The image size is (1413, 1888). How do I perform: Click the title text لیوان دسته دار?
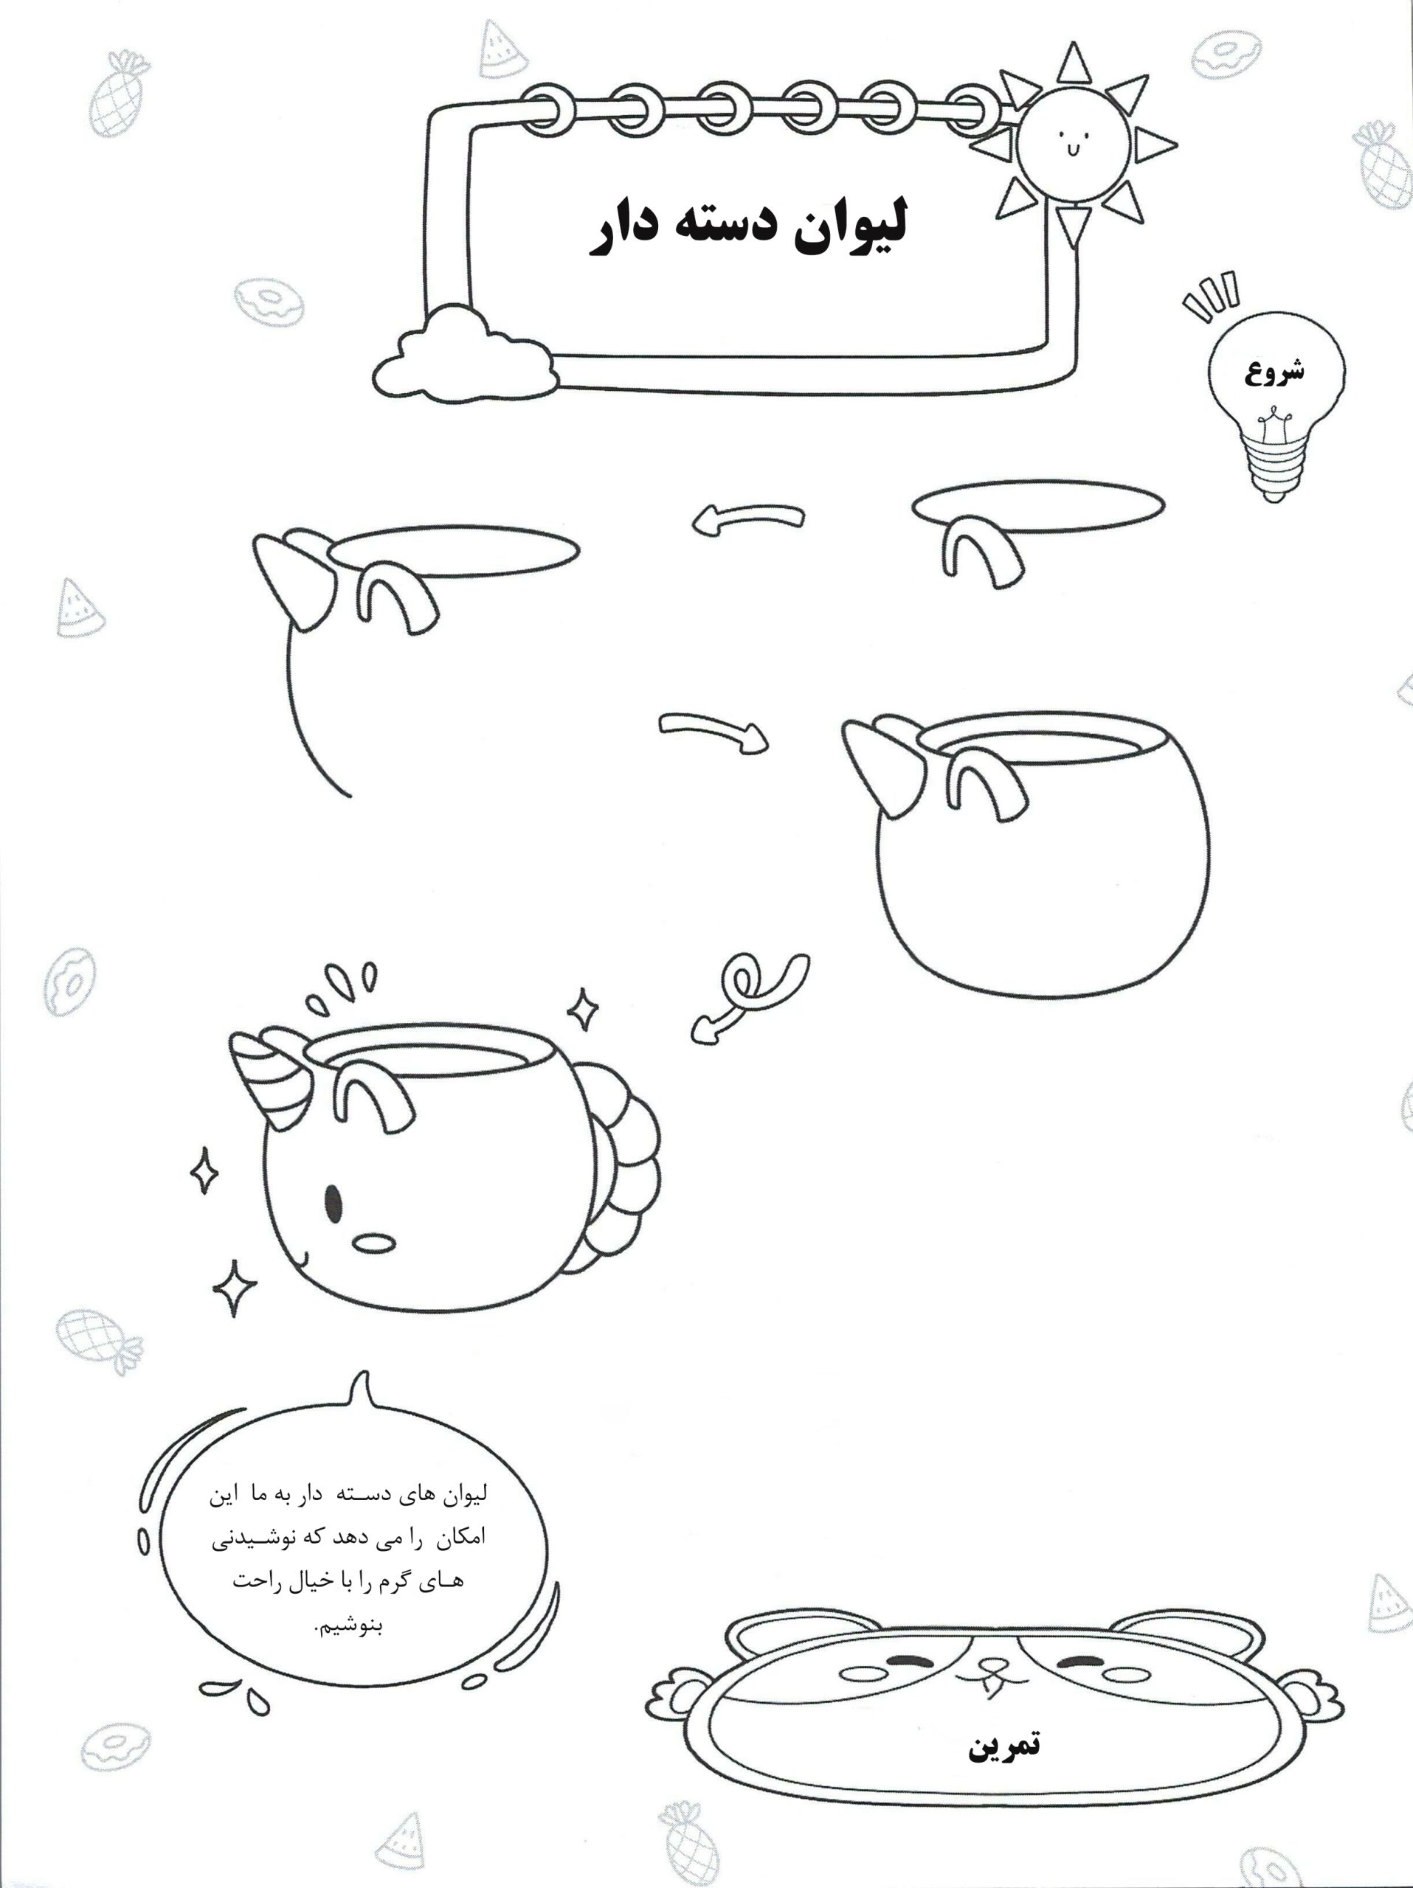coord(748,227)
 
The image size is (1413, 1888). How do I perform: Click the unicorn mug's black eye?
coord(334,1204)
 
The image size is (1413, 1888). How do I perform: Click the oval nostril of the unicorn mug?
coord(374,1243)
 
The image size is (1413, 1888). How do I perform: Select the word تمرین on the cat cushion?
coord(1004,1745)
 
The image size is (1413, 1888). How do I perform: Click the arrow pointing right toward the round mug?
coord(713,730)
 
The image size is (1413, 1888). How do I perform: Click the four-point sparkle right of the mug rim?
coord(583,1010)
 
